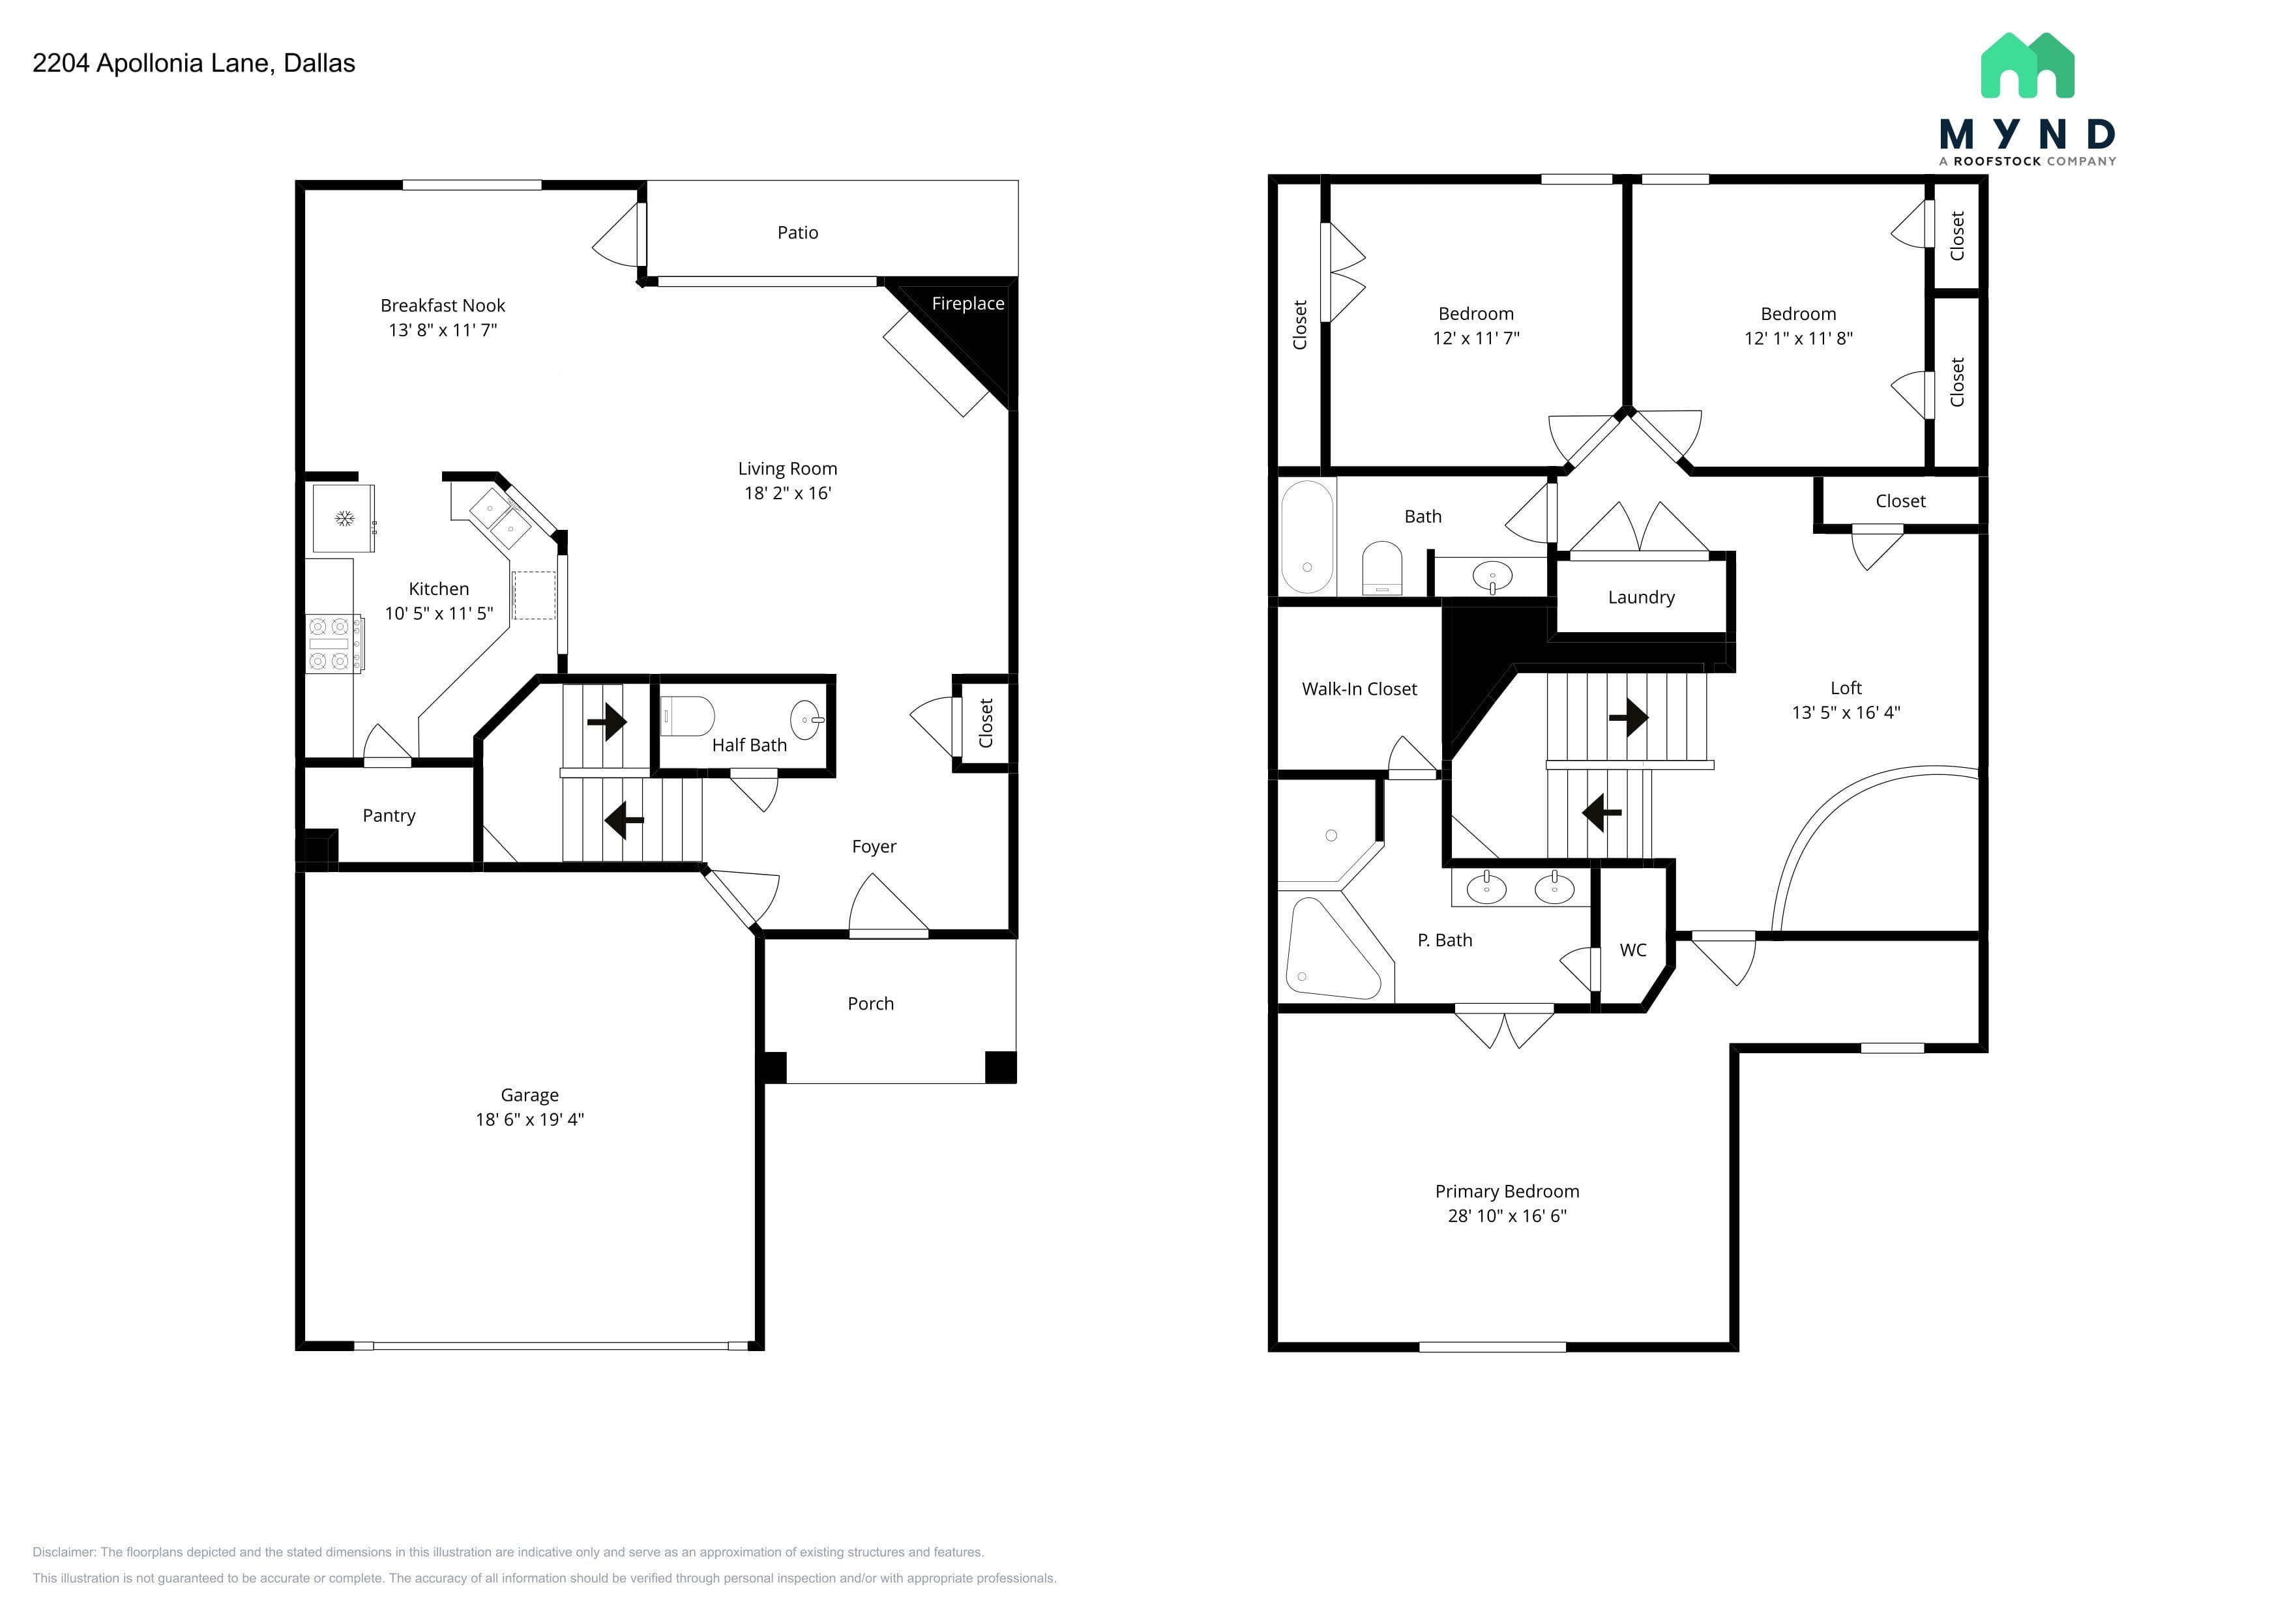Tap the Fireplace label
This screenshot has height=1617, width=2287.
pos(967,304)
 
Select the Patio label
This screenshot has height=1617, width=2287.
pos(798,233)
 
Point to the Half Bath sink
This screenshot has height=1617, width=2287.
pos(807,719)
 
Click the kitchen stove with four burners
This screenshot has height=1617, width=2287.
pos(332,643)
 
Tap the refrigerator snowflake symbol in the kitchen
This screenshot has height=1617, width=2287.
pos(345,519)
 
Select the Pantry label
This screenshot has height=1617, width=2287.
pos(389,815)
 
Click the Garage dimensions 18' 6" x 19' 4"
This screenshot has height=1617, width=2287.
pos(530,1119)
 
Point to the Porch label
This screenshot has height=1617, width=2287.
pos(870,1004)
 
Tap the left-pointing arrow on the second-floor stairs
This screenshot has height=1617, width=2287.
pos(1602,813)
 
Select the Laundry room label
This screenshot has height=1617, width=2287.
pos(1642,598)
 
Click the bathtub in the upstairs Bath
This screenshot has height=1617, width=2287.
pos(1307,538)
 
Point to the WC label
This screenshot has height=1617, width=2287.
pos(1632,950)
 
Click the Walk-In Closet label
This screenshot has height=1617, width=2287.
pos(1359,689)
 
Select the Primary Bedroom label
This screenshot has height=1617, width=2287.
pos(1507,1192)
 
